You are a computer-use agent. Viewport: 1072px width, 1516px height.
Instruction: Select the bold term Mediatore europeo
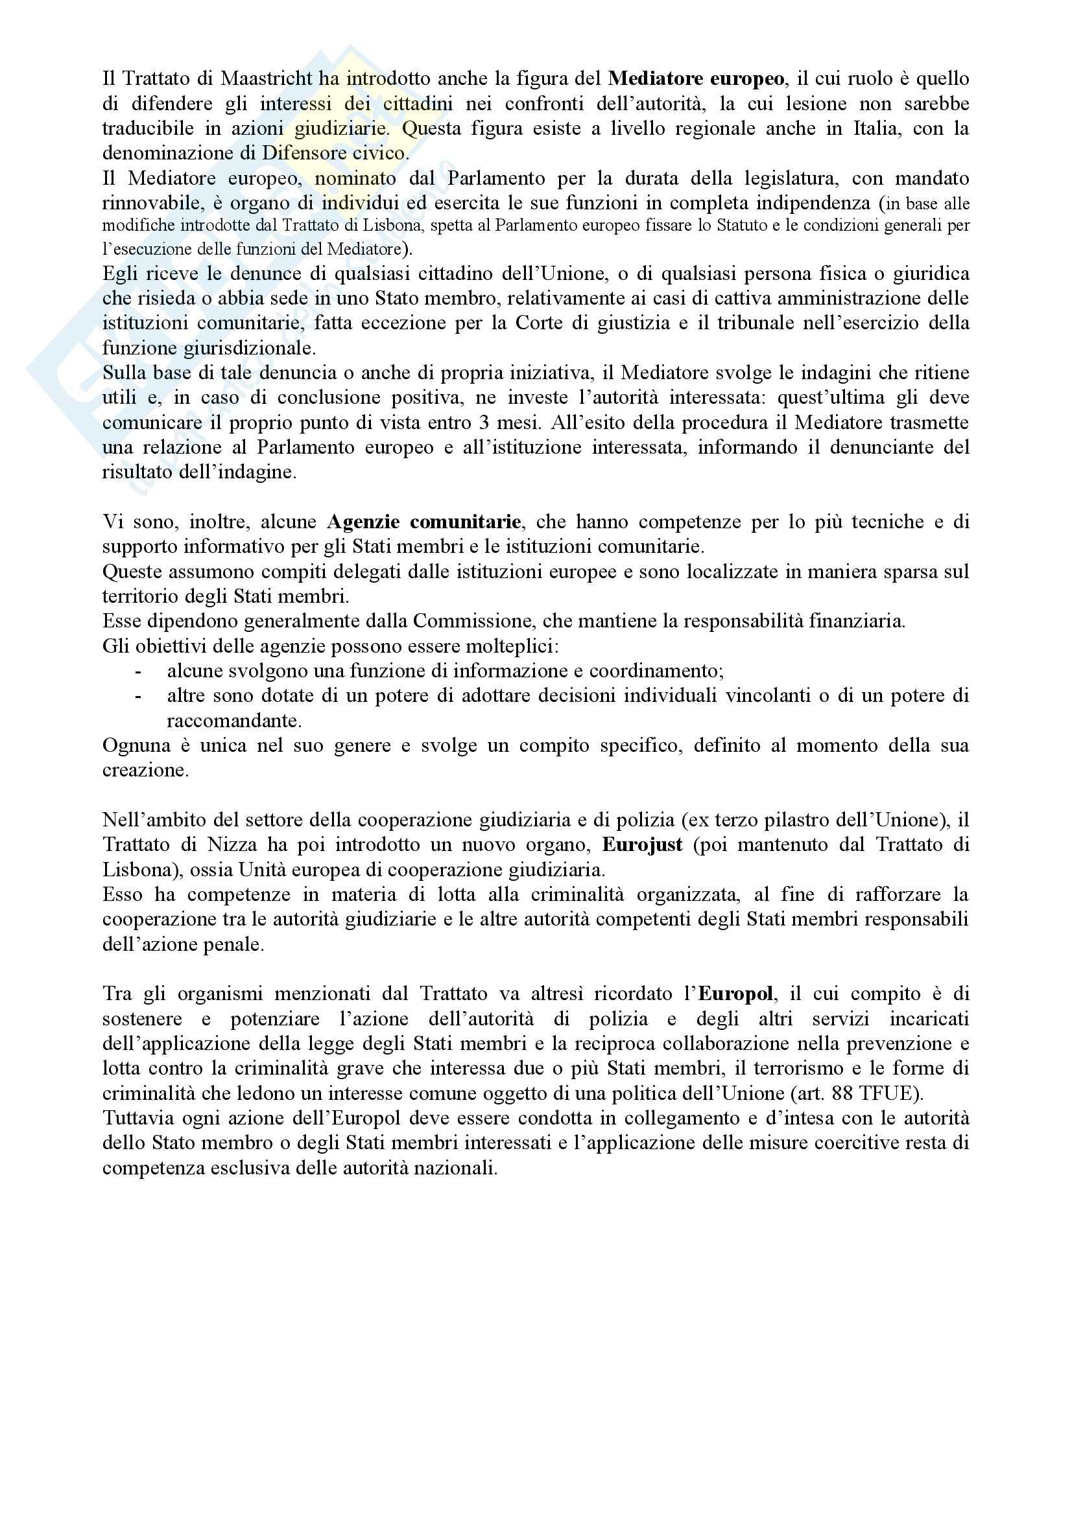(696, 78)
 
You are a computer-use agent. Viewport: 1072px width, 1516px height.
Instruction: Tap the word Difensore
(307, 153)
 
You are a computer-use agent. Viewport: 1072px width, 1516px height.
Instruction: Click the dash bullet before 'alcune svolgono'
(138, 671)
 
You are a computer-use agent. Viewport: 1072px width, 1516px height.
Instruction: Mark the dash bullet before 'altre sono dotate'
(138, 696)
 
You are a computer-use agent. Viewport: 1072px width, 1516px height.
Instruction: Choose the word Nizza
(230, 845)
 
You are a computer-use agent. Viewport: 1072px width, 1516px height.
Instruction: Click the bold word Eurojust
(642, 845)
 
